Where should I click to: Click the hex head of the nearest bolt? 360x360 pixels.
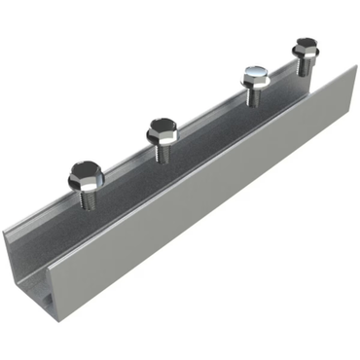85,173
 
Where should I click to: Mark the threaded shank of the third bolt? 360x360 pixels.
254,95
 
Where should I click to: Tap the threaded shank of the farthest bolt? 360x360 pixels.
306,65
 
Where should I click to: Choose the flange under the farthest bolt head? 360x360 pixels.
305,54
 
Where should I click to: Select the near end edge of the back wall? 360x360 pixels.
7,238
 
